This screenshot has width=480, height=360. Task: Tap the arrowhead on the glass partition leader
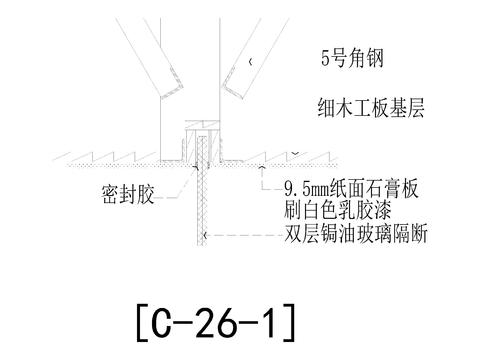[207, 238]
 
